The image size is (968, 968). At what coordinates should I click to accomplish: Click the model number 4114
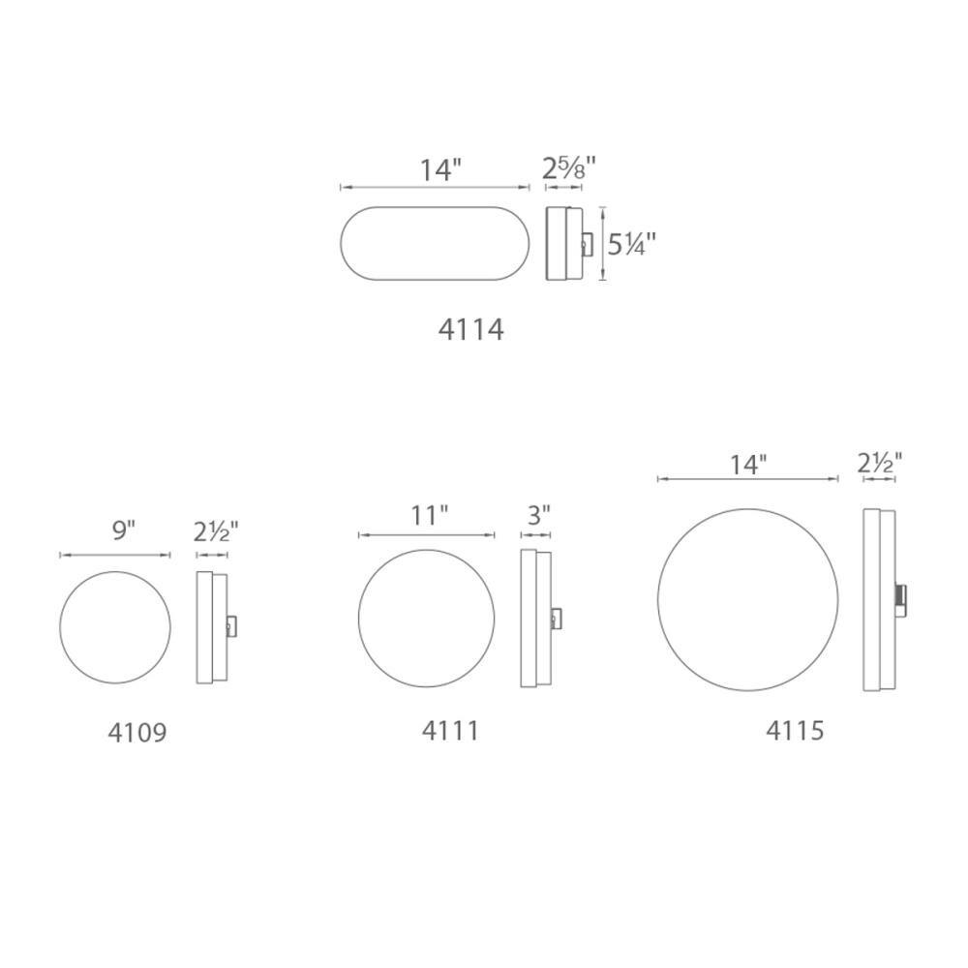click(x=470, y=330)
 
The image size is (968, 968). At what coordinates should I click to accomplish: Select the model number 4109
click(x=136, y=733)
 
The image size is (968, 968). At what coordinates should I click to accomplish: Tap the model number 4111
click(x=450, y=730)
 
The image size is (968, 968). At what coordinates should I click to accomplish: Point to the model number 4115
click(x=795, y=730)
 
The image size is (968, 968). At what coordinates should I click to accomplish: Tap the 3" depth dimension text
click(x=539, y=515)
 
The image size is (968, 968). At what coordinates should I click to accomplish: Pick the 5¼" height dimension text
click(x=631, y=245)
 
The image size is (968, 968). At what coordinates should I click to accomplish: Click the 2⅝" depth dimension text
click(x=568, y=169)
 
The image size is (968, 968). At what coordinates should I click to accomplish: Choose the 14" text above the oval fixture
click(x=440, y=170)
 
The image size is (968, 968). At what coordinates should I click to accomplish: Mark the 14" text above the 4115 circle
click(x=747, y=465)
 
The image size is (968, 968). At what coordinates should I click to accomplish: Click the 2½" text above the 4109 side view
click(x=216, y=530)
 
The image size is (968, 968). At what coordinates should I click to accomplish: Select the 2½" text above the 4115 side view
click(x=879, y=464)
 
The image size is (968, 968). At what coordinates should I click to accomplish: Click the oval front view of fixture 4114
click(x=435, y=243)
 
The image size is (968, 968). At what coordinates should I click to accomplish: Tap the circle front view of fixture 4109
click(x=115, y=627)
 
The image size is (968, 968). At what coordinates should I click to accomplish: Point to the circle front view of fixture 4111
click(x=426, y=619)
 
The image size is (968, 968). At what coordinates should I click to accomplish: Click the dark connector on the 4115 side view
click(x=900, y=598)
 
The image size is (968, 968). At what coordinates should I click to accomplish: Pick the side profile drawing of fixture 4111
click(x=535, y=619)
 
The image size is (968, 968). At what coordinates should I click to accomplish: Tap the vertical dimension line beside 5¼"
click(x=603, y=243)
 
